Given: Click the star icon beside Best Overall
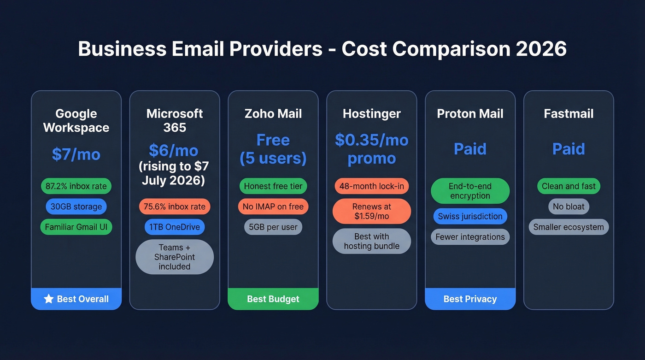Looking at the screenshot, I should [x=49, y=299].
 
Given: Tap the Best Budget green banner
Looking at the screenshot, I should [x=273, y=299].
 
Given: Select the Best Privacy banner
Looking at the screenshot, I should [x=470, y=299].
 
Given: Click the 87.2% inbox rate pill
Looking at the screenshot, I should [x=76, y=186].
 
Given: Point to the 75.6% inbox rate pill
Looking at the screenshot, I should [x=175, y=207].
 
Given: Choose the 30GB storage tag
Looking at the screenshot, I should [x=76, y=207].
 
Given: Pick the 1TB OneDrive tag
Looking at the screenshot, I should [x=175, y=227].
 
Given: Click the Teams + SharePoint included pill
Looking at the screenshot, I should [x=175, y=257].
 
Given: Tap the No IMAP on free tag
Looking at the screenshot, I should [x=273, y=207].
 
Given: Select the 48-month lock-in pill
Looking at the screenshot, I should [x=372, y=186].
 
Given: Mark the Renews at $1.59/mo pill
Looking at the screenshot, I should [x=372, y=212].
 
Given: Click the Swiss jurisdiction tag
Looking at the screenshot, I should [x=470, y=216].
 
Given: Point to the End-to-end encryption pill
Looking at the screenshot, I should [x=470, y=191].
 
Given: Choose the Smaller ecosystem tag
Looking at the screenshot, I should [x=569, y=227].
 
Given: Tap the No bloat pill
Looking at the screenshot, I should [x=569, y=207].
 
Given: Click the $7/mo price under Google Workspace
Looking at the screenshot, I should [x=76, y=154].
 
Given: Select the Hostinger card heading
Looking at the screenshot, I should [x=372, y=114].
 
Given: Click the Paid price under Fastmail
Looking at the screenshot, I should [x=569, y=149].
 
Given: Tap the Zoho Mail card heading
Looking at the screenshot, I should [x=273, y=114].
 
